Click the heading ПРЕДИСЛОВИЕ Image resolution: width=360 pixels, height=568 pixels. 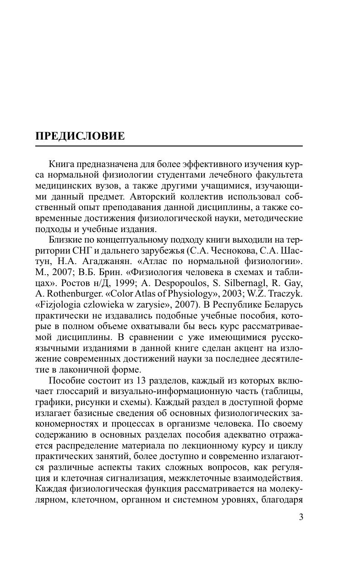80,136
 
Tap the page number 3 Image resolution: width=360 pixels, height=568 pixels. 300,517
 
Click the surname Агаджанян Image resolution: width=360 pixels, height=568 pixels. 103,261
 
